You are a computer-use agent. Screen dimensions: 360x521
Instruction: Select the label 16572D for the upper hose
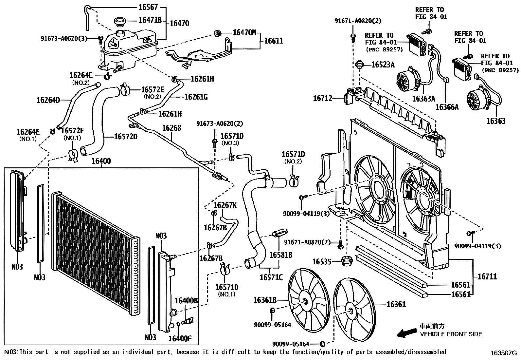[x=125, y=137]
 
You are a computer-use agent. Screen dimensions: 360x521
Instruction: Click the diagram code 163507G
[x=503, y=353]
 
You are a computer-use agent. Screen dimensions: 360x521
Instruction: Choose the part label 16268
[x=172, y=128]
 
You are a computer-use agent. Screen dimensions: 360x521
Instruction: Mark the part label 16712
[x=323, y=98]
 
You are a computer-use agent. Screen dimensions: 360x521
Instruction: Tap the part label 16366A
[x=447, y=107]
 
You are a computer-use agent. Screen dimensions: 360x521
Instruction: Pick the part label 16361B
[x=265, y=300]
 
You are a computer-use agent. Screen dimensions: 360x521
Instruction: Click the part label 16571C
[x=271, y=277]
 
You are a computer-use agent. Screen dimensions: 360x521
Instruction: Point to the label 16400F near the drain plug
[x=180, y=338]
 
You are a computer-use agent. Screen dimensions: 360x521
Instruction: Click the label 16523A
[x=383, y=65]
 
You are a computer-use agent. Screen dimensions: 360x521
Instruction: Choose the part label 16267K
[x=225, y=205]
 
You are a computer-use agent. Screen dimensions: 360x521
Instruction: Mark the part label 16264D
[x=48, y=100]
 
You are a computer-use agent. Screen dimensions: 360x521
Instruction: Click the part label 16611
[x=274, y=41]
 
